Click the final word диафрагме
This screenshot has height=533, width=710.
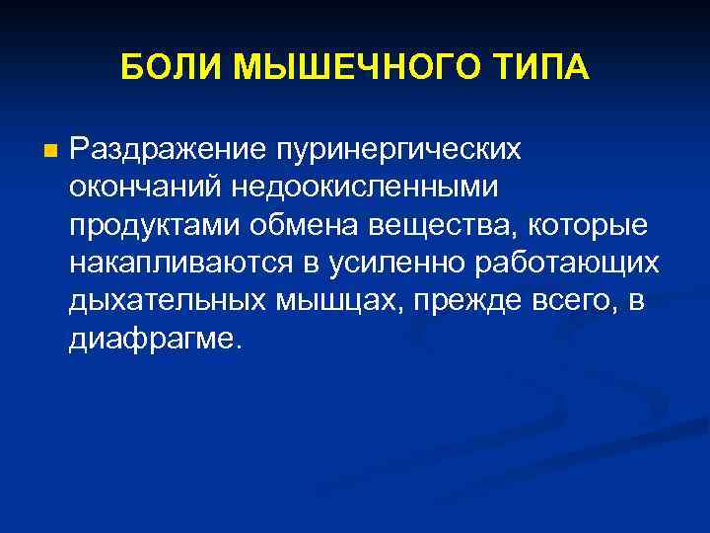pyautogui.click(x=155, y=338)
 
